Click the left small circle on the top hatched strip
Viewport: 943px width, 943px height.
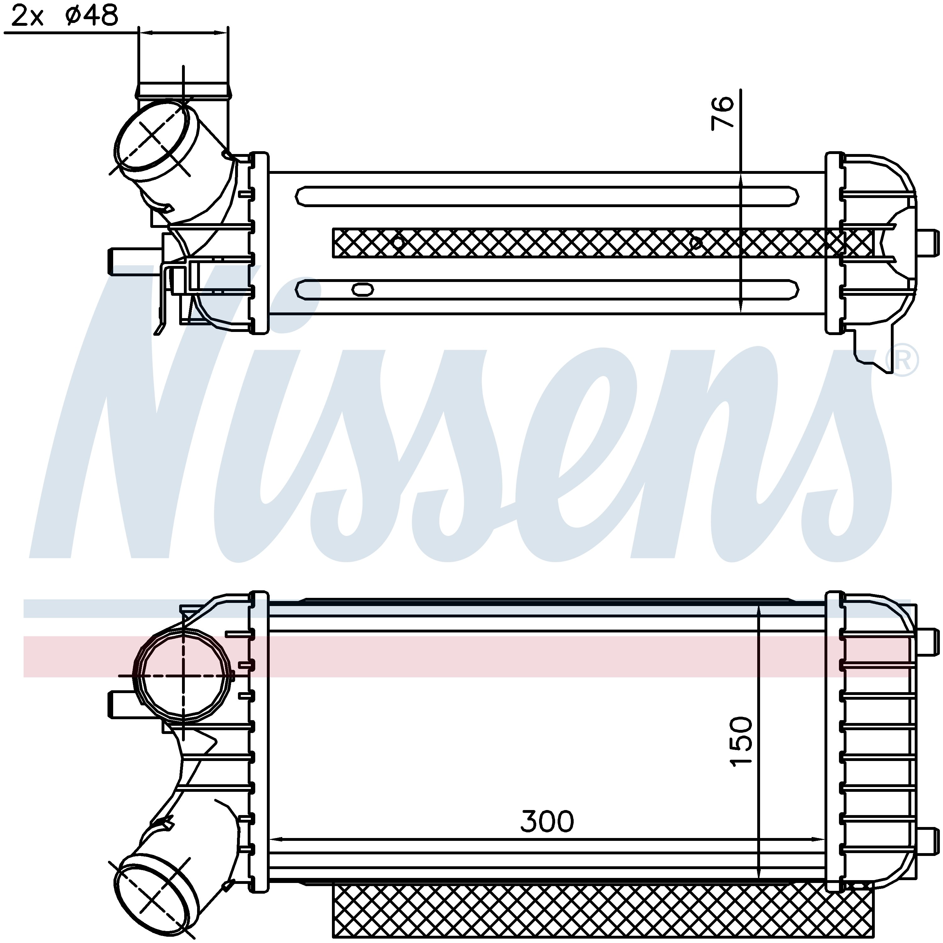point(398,242)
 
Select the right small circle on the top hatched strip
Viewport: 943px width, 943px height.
point(697,242)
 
